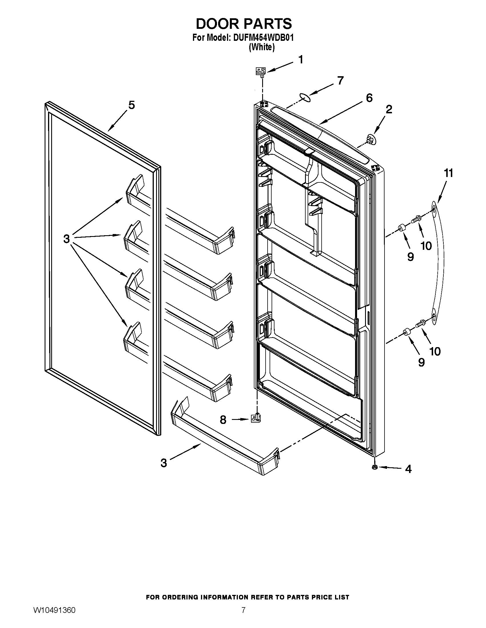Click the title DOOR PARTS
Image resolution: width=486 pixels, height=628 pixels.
pos(244,24)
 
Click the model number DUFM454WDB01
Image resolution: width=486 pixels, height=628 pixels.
pos(262,38)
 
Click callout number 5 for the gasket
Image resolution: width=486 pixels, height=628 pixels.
pos(132,105)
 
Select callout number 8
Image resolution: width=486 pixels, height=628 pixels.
pos(223,420)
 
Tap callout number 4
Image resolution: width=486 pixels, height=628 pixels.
pos(408,469)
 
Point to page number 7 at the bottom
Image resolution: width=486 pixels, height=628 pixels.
pos(243,616)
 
